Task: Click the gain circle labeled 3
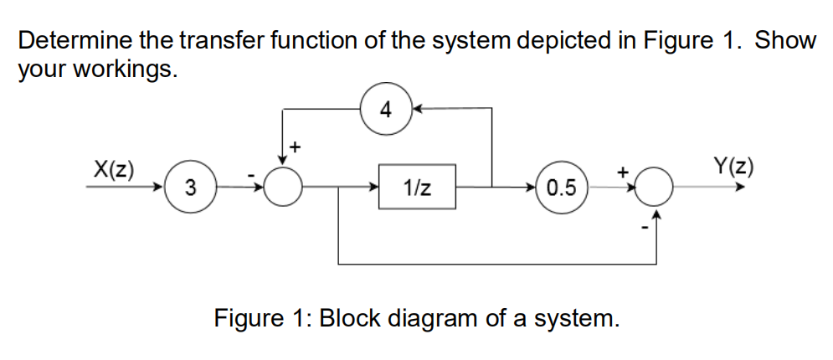192,187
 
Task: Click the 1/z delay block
418,186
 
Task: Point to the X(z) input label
115,167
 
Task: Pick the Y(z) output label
733,167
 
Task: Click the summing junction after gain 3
283,187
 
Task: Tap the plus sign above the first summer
294,147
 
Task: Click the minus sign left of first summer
251,175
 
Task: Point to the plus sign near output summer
623,171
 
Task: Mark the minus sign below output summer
644,227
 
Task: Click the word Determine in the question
75,40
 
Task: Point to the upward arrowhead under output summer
658,216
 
